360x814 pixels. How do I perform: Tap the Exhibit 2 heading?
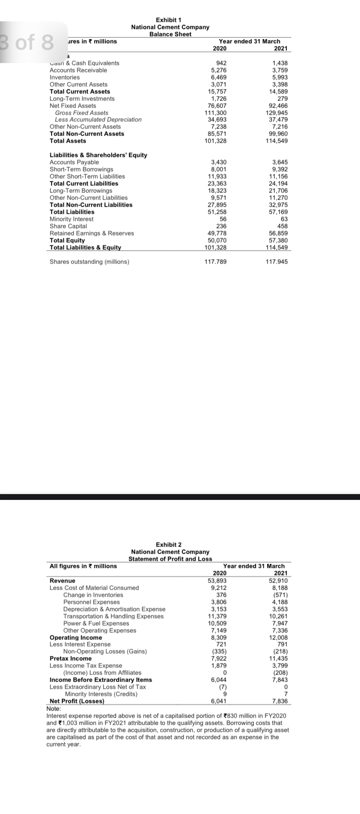tap(168, 545)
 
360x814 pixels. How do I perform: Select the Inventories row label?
tap(65, 77)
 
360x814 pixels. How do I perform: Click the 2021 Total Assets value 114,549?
tap(276, 141)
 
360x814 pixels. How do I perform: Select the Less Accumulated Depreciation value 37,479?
tap(278, 120)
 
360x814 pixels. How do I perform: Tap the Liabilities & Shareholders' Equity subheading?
tap(98, 155)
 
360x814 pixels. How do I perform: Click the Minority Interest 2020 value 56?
tap(223, 219)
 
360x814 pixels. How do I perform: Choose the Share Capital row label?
tap(68, 226)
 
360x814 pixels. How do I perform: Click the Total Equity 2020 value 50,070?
tap(217, 240)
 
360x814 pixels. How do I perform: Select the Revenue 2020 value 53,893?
tap(218, 581)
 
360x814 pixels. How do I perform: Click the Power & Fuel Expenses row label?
tap(96, 623)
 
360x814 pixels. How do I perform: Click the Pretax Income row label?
tap(71, 658)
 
